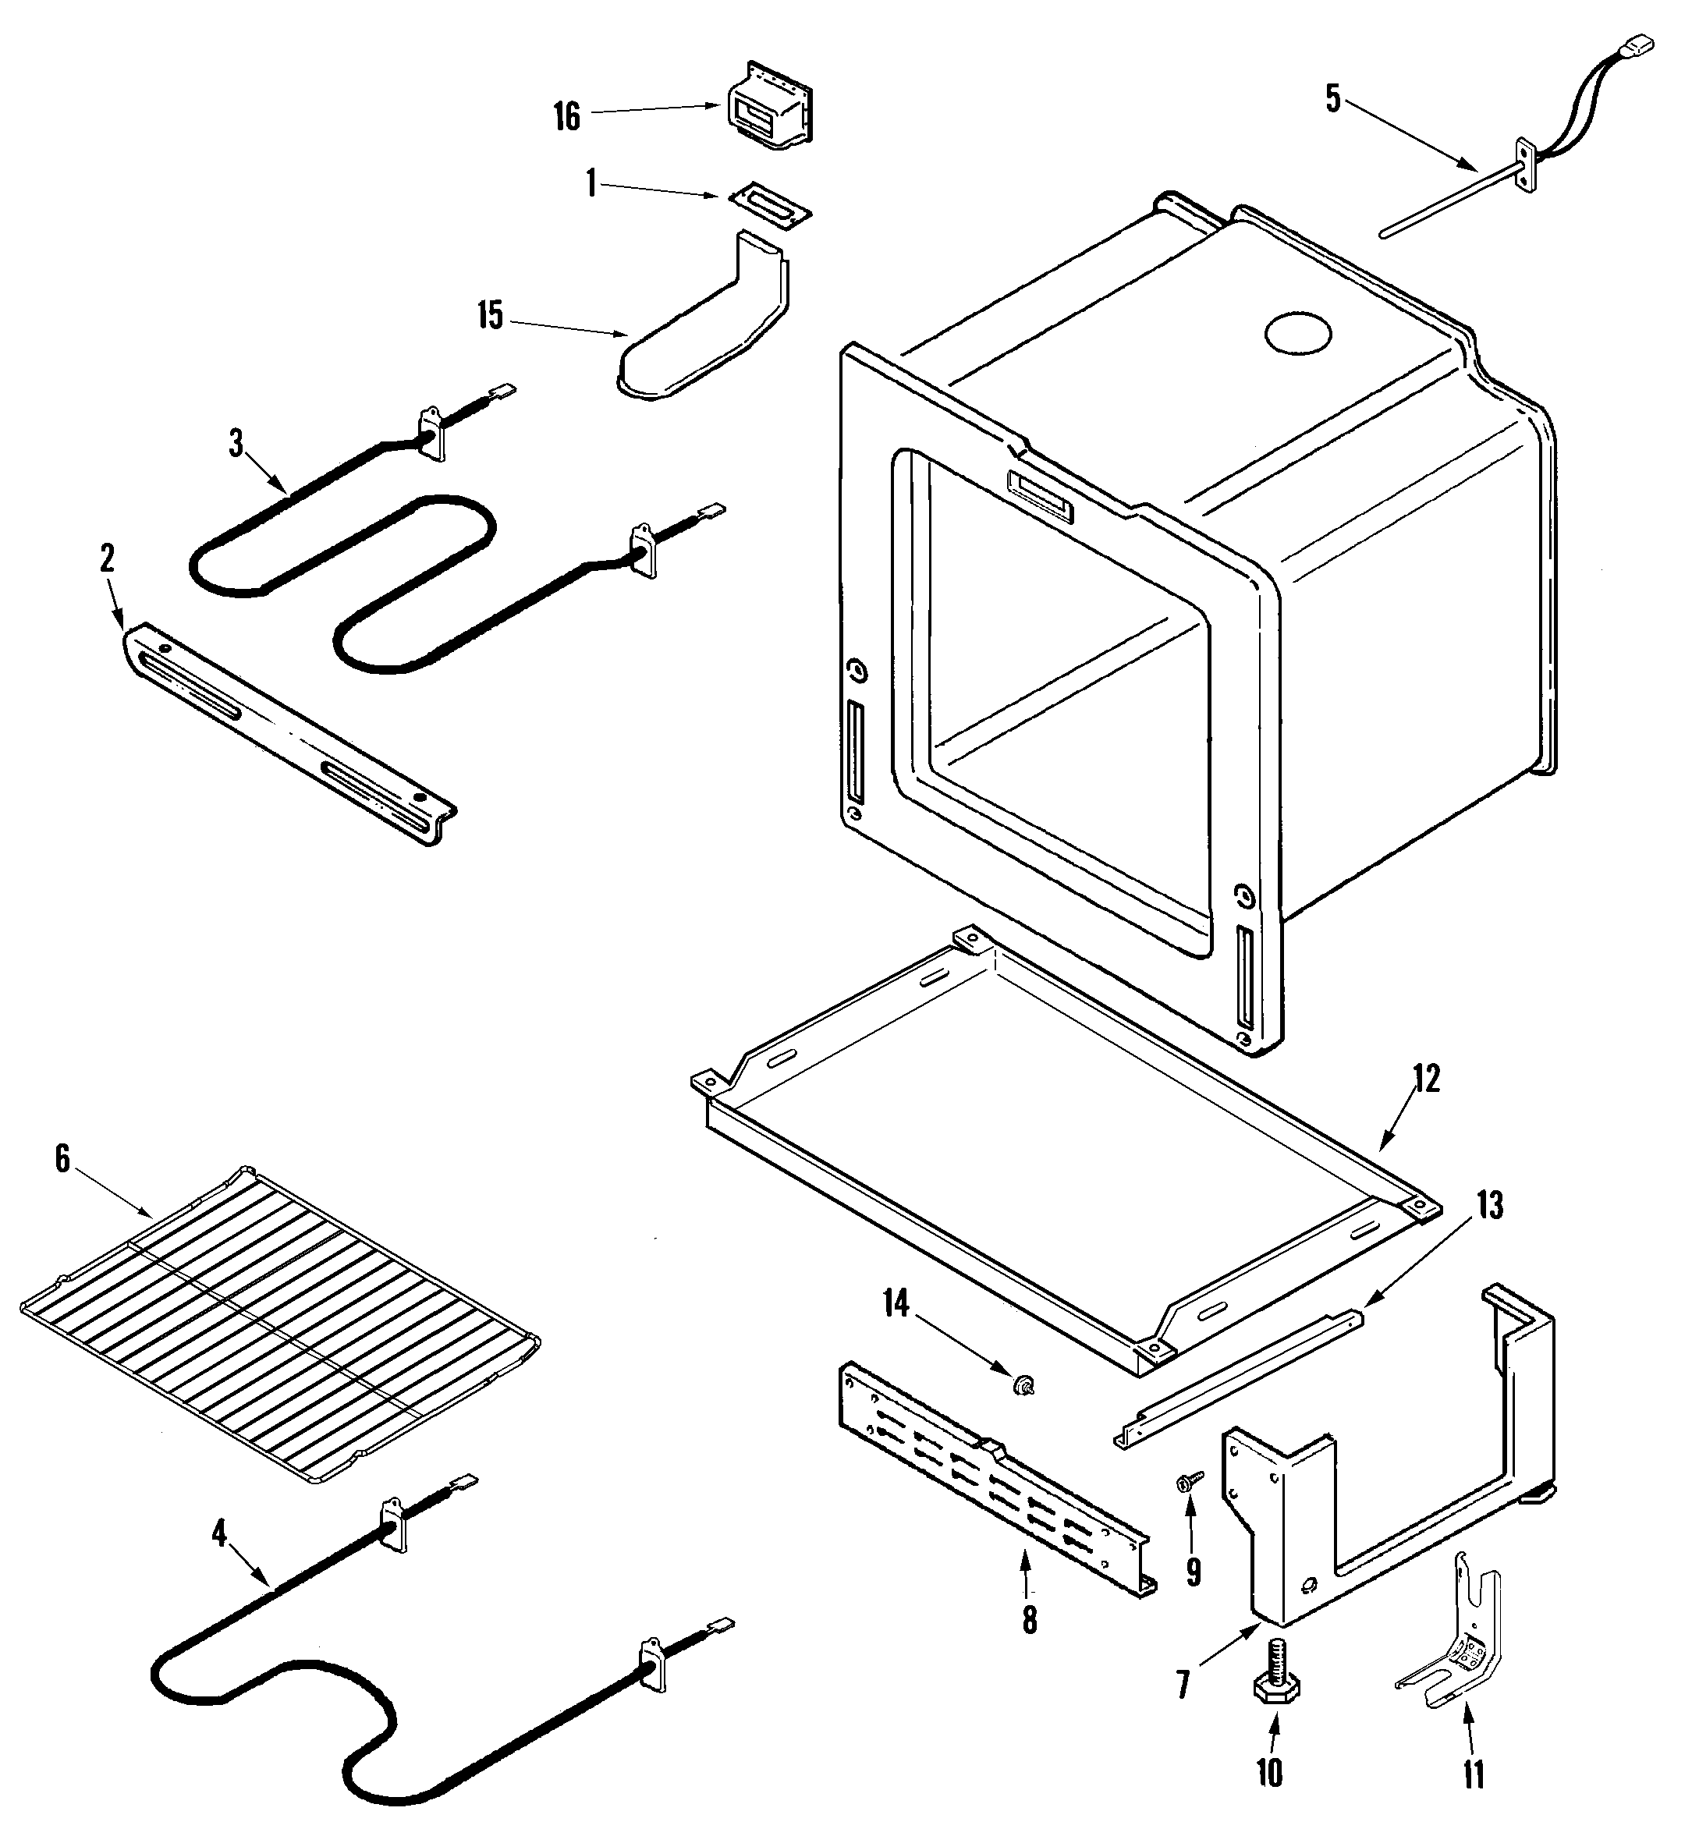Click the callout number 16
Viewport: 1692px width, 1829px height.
pyautogui.click(x=567, y=116)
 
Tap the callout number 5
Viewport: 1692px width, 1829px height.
pyautogui.click(x=1333, y=99)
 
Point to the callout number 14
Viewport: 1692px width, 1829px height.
pyautogui.click(x=896, y=1303)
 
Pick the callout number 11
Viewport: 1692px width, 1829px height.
pyautogui.click(x=1473, y=1774)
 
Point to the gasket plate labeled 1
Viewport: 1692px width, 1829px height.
pyautogui.click(x=770, y=201)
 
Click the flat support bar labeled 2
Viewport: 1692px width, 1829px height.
pyautogui.click(x=289, y=732)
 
